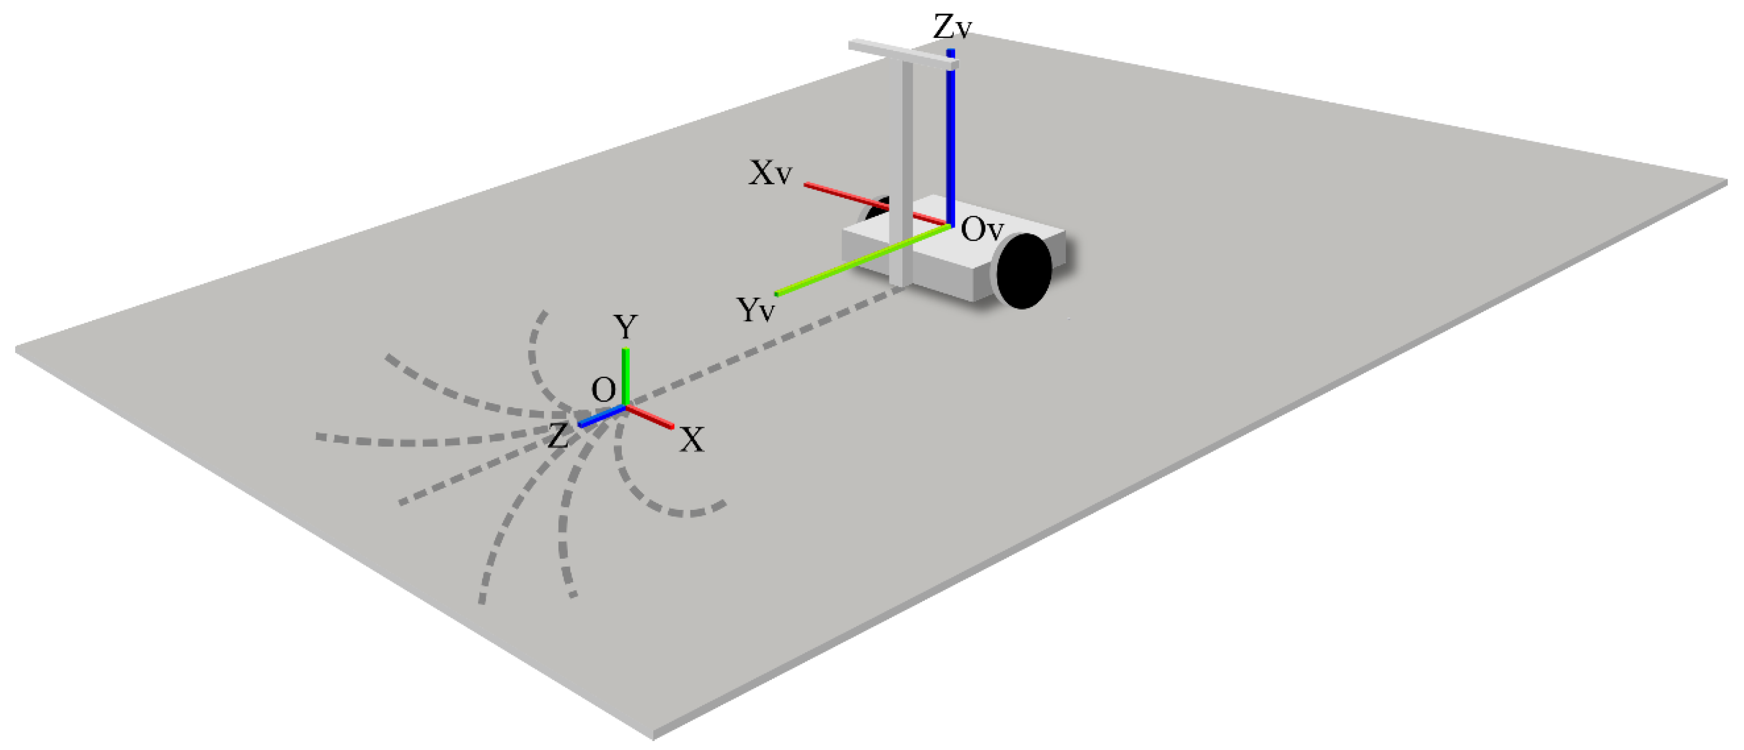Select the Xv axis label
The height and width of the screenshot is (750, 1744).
tap(770, 173)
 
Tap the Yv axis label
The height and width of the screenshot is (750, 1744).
tap(755, 310)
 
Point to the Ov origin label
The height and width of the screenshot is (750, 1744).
tap(981, 230)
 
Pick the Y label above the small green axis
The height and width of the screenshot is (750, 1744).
tap(625, 327)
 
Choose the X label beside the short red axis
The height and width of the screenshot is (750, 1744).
tap(691, 440)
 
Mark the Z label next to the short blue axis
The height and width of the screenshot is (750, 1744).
tap(557, 436)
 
